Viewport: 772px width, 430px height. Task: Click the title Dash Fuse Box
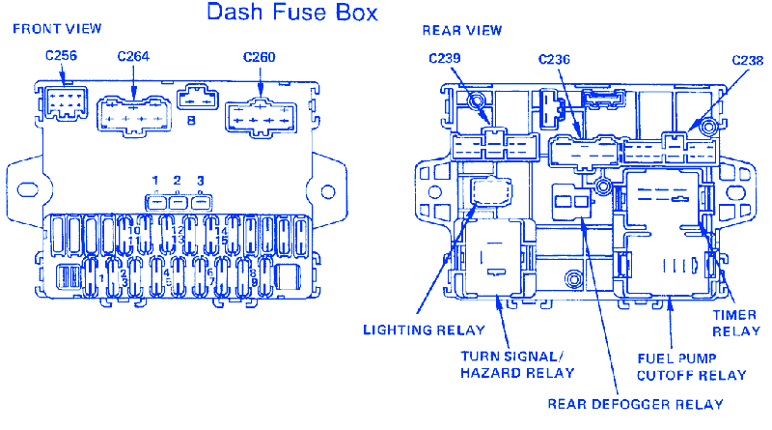click(292, 14)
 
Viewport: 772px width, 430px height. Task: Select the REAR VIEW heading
click(462, 30)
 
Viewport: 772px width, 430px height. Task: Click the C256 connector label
click(61, 56)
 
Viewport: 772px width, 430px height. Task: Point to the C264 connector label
click(133, 56)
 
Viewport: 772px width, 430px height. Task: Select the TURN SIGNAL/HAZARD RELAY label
click(517, 364)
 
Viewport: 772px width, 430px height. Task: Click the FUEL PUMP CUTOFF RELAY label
click(691, 366)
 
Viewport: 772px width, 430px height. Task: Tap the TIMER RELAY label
click(736, 322)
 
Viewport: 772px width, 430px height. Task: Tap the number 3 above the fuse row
click(200, 182)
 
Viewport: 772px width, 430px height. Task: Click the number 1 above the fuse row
click(154, 182)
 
